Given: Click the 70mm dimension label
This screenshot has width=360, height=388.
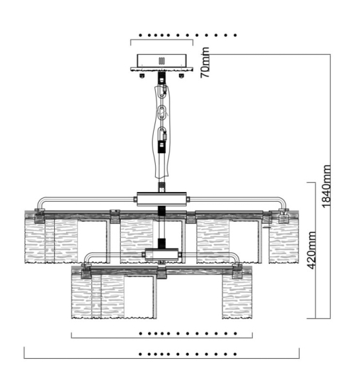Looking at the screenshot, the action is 206,62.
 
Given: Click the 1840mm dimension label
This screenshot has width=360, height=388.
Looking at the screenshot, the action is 326,186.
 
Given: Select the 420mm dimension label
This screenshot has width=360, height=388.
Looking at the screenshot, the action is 312,250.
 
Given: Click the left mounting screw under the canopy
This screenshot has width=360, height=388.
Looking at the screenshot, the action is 142,76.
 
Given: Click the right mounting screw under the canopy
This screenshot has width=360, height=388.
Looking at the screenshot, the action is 182,76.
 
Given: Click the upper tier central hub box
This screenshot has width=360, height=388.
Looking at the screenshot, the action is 162,199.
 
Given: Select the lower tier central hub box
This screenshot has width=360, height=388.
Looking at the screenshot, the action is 162,254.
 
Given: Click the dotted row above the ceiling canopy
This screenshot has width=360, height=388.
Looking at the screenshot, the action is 187,36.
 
